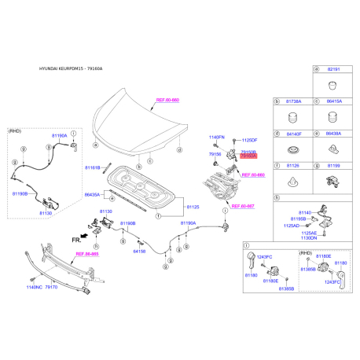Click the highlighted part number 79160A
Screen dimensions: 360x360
[248, 156]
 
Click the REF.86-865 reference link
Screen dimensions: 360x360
[86, 254]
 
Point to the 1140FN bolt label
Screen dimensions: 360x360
[217, 138]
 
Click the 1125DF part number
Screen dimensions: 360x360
[250, 140]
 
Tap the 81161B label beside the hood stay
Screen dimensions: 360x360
[93, 168]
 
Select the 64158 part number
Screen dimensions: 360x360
[139, 252]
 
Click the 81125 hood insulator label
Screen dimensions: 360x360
[193, 208]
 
